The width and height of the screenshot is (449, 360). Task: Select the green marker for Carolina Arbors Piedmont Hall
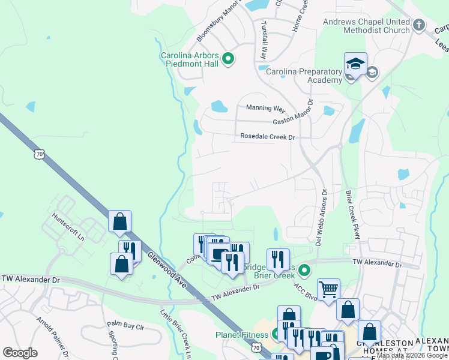228,59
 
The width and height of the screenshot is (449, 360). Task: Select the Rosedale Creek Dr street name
268,137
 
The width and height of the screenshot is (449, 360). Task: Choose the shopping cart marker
328,290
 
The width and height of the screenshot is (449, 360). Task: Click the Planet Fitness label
243,334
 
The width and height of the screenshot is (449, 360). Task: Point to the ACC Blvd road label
305,289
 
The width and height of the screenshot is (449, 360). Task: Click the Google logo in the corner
20,352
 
